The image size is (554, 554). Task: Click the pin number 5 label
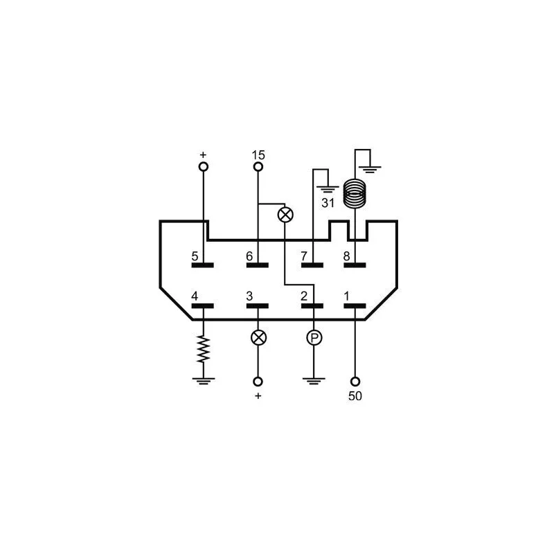[x=195, y=256]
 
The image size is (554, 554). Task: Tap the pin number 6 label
[x=249, y=256]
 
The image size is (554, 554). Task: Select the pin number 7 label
[x=304, y=256]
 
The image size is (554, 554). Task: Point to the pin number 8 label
[x=347, y=256]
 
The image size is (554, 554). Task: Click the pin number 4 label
[x=195, y=296]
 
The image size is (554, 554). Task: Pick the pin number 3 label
[x=249, y=296]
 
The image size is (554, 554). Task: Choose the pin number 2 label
[x=304, y=296]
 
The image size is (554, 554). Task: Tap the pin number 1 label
[x=347, y=296]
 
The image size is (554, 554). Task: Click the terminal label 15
[x=258, y=154]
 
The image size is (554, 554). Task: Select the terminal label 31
[x=328, y=203]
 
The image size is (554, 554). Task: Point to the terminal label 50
[x=355, y=396]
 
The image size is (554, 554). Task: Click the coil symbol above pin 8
[x=355, y=194]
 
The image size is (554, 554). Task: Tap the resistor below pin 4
[x=203, y=349]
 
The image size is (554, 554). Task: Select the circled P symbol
[x=314, y=338]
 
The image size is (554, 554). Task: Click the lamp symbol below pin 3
[x=258, y=338]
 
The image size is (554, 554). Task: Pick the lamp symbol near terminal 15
[x=285, y=215]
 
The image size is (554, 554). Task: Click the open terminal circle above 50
[x=355, y=382]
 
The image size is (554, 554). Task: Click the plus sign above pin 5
[x=203, y=154]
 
